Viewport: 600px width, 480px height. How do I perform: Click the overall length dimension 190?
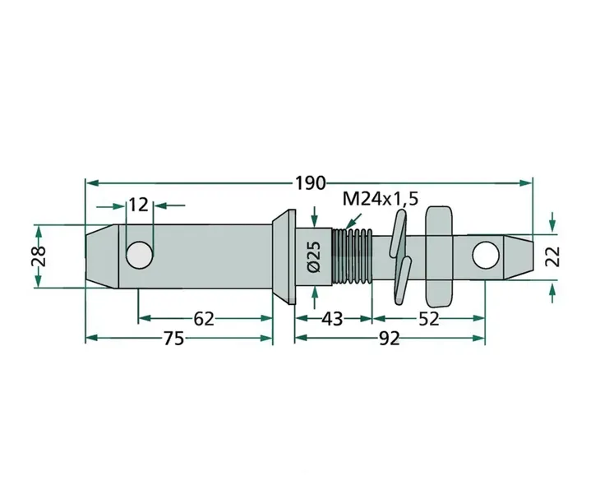click(x=310, y=183)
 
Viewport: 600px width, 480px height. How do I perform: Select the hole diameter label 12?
click(x=138, y=205)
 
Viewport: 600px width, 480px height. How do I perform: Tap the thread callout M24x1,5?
click(x=381, y=200)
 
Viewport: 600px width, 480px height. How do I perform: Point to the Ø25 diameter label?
click(x=314, y=256)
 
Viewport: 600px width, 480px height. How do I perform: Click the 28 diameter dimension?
click(x=39, y=256)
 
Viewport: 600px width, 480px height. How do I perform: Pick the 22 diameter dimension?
click(x=553, y=256)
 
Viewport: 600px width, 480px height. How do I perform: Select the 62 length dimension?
click(x=203, y=319)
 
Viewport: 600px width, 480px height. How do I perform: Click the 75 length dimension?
click(x=174, y=339)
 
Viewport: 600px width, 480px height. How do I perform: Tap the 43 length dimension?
click(x=332, y=319)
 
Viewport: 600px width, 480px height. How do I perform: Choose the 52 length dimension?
click(x=428, y=319)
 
